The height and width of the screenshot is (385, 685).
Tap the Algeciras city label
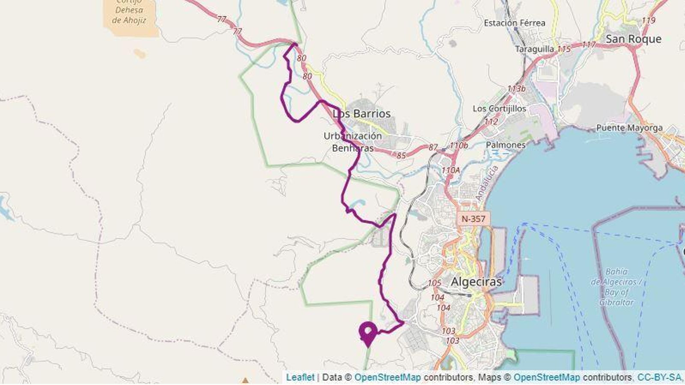[x=476, y=282]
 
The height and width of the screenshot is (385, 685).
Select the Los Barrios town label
[x=362, y=114]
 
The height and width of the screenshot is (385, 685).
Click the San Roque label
[x=633, y=39]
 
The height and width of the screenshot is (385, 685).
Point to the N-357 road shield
[x=473, y=219]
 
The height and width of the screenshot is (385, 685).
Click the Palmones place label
[x=506, y=145]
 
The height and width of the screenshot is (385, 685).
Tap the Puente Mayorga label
[x=629, y=127]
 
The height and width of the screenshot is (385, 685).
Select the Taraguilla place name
[x=534, y=49]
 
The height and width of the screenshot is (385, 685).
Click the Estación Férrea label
[x=515, y=23]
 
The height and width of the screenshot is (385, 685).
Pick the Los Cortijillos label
[x=499, y=109]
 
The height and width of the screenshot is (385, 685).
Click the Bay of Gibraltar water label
[x=616, y=287]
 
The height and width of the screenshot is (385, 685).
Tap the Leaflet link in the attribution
[x=300, y=377]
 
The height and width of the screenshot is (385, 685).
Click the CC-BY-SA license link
[x=659, y=377]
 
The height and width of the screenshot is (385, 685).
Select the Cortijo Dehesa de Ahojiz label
[x=129, y=11]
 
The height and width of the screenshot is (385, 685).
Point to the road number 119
[x=649, y=20]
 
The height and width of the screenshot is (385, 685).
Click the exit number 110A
[x=450, y=170]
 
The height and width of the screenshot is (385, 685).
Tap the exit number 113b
[x=516, y=89]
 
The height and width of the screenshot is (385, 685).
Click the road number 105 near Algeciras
[x=434, y=283]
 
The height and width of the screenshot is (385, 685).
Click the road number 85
[x=401, y=156]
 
